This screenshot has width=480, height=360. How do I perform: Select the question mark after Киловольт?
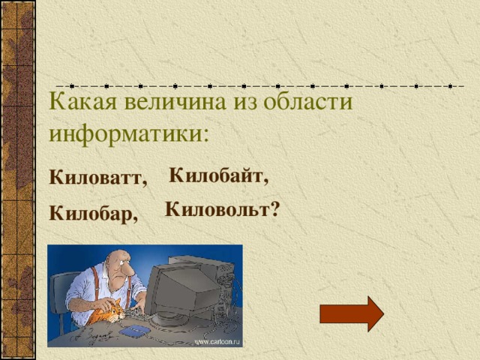click(x=275, y=209)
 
